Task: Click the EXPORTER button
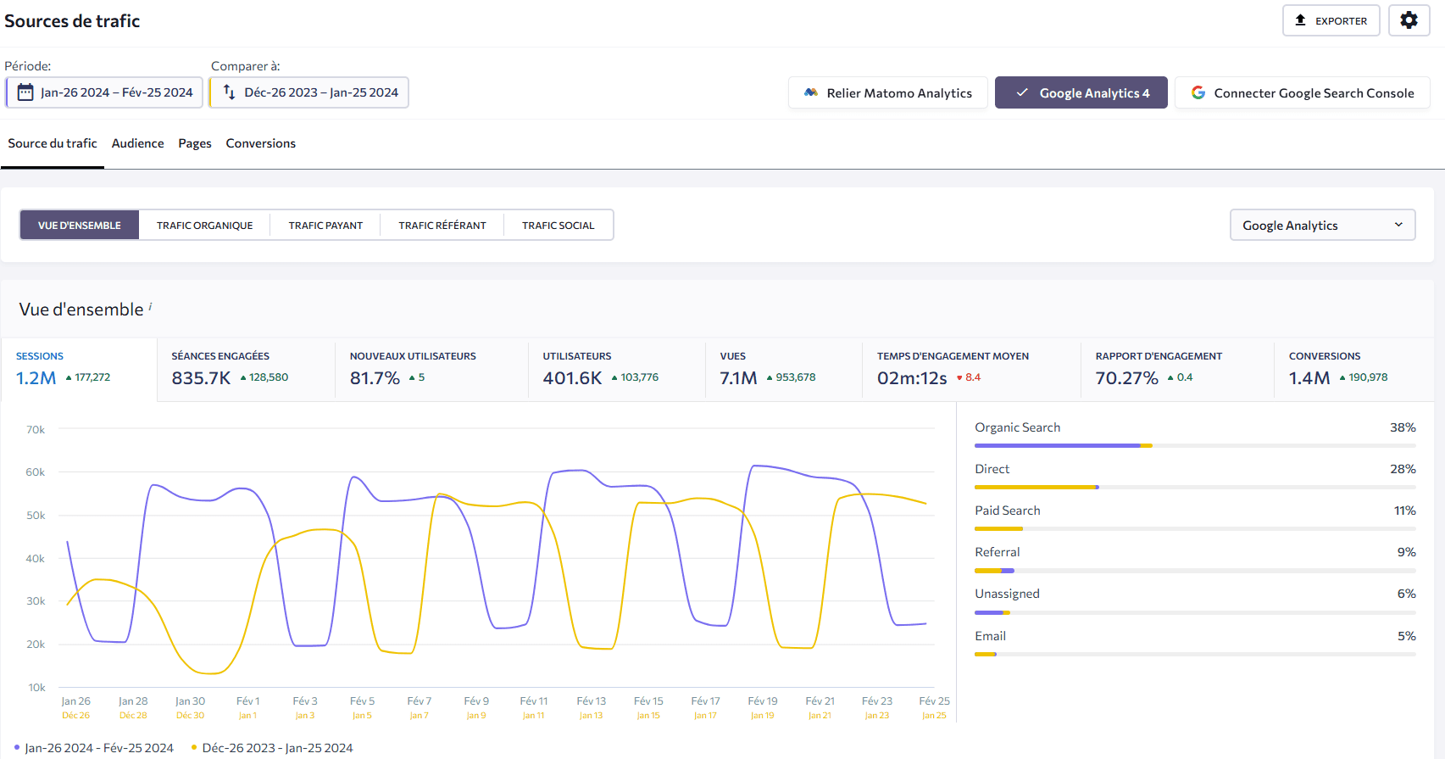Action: click(x=1331, y=20)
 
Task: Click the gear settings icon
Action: click(x=1409, y=20)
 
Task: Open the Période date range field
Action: click(x=104, y=92)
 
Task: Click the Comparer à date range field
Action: click(x=309, y=92)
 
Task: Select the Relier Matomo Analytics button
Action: click(x=887, y=93)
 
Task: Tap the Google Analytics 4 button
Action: click(x=1081, y=93)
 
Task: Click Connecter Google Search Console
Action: click(x=1302, y=93)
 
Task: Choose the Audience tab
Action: click(x=137, y=143)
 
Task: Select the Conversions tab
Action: click(x=260, y=143)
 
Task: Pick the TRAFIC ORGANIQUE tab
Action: click(x=204, y=226)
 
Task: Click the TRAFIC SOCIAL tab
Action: click(x=558, y=226)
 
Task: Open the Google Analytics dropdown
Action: click(x=1322, y=226)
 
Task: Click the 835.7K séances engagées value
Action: click(x=201, y=378)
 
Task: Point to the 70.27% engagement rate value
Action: click(x=1126, y=378)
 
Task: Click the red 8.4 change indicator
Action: click(x=971, y=378)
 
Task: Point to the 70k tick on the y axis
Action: click(x=36, y=430)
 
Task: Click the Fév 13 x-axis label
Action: click(x=591, y=701)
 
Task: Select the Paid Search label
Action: click(x=1007, y=511)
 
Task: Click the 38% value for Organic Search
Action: click(x=1402, y=427)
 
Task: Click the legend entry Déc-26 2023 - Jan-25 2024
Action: click(x=276, y=748)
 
